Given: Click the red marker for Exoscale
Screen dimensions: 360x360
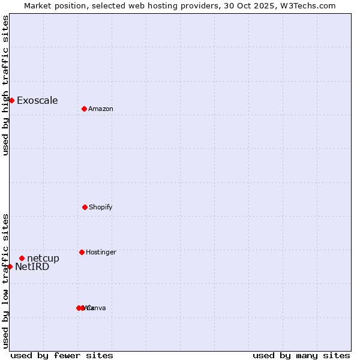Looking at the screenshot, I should (11, 100).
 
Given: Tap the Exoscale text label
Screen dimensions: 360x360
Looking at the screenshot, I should (37, 100).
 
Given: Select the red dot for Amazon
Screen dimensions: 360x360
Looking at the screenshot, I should (84, 109).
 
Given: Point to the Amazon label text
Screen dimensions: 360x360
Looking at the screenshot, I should (101, 109).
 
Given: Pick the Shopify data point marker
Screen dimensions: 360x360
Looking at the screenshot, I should (85, 207).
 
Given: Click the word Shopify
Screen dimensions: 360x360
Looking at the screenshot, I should (101, 207).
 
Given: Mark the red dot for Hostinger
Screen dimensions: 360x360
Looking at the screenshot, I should (82, 252).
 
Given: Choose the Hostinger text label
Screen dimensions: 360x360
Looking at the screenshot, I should (101, 252).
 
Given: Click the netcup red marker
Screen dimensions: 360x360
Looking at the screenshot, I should (22, 258).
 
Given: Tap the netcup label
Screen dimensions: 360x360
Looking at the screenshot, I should (43, 259).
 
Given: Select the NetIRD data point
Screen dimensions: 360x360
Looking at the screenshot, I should (10, 266).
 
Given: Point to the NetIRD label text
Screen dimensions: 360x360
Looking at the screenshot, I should (32, 267).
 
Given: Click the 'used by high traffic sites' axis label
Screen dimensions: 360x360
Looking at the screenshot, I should (5, 85).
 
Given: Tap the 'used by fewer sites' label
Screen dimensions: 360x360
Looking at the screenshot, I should (62, 355).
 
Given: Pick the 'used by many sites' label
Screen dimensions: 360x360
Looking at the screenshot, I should (301, 355).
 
